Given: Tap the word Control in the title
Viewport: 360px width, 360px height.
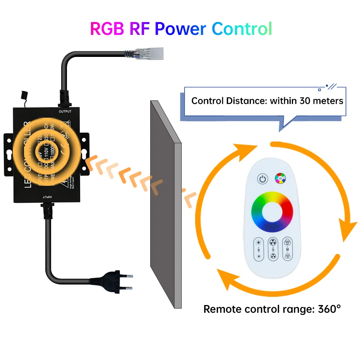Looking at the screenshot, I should pyautogui.click(x=242, y=29).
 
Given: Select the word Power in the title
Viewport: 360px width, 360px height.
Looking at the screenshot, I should pyautogui.click(x=181, y=29).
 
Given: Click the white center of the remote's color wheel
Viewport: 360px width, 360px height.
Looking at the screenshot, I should pyautogui.click(x=272, y=211).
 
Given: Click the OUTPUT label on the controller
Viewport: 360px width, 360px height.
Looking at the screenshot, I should pyautogui.click(x=66, y=112).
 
